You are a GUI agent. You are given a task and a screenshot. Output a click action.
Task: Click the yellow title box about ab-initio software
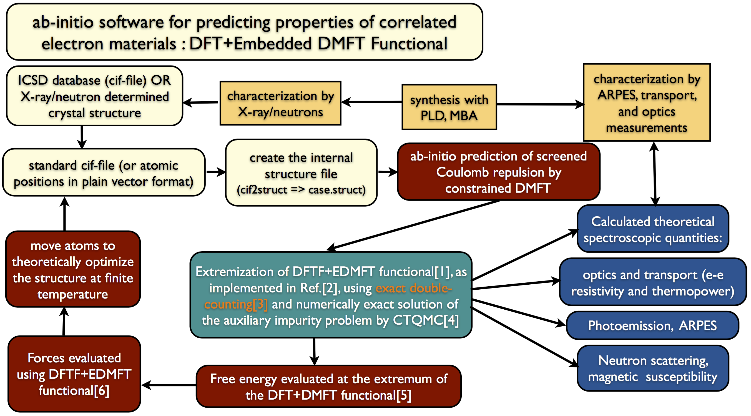pos(244,32)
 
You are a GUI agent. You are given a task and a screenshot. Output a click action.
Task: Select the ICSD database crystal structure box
pos(95,96)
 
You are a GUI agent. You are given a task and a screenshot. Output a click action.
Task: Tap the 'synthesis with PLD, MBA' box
pos(449,107)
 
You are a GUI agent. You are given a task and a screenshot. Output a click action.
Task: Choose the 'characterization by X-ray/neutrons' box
pos(280,104)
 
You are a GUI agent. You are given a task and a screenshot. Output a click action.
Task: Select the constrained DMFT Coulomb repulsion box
pos(499,172)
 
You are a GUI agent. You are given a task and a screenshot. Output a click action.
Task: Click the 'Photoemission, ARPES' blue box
pos(652,325)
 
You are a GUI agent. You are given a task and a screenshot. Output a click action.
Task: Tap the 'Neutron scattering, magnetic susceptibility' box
pos(653,369)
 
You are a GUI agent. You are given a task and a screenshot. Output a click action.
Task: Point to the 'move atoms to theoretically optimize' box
pos(73,269)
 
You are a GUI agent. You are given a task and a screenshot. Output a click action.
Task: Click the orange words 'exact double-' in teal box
pos(414,288)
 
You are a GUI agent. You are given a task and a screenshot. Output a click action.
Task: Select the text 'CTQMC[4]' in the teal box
pos(426,320)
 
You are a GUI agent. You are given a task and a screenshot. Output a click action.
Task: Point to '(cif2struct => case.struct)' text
pos(301,190)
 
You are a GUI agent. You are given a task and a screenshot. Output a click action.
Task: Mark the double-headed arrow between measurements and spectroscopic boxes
pos(655,174)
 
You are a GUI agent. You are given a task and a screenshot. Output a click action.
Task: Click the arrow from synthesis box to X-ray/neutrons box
pos(372,102)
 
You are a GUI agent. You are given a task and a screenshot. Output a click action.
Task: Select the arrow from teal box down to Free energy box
pos(314,352)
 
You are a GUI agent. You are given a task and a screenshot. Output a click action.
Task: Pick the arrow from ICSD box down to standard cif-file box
pos(82,137)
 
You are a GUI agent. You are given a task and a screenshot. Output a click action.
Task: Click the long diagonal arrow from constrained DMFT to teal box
pos(413,225)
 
